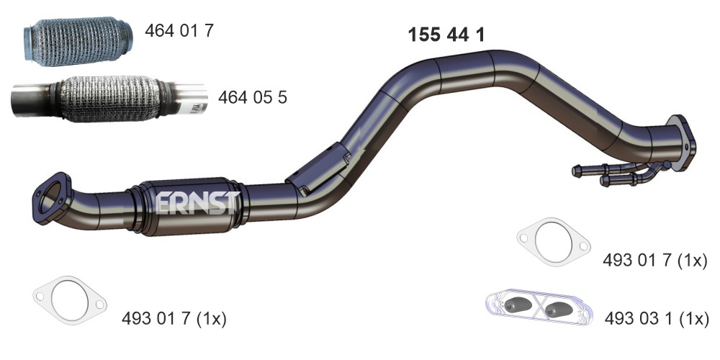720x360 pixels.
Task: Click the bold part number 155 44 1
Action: (x=446, y=35)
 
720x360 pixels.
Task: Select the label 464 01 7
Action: (x=179, y=31)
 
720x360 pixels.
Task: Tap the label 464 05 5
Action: (x=252, y=97)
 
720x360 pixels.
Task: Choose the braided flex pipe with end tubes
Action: (x=109, y=98)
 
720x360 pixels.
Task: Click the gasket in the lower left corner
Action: (x=70, y=300)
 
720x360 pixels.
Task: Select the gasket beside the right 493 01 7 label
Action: (x=553, y=241)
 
